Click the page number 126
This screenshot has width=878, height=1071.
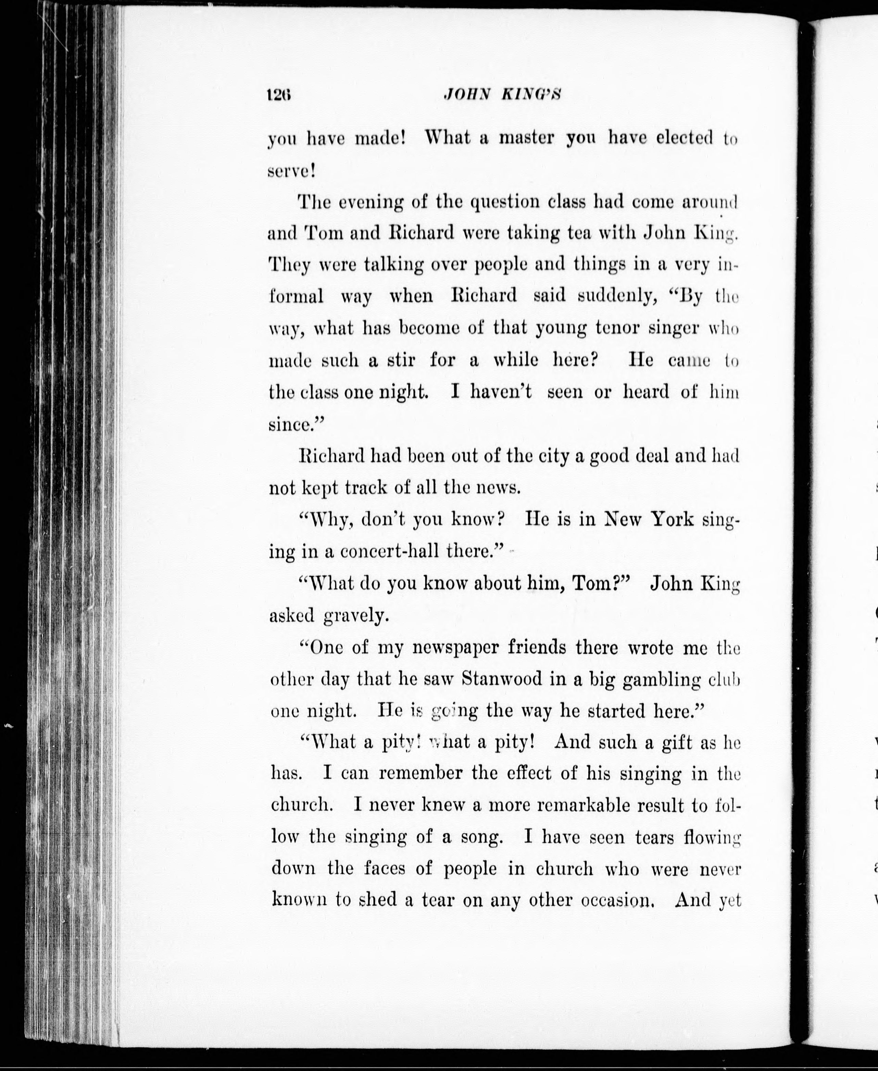(281, 96)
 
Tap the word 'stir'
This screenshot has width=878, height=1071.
(401, 360)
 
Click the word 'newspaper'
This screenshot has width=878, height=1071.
(455, 647)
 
